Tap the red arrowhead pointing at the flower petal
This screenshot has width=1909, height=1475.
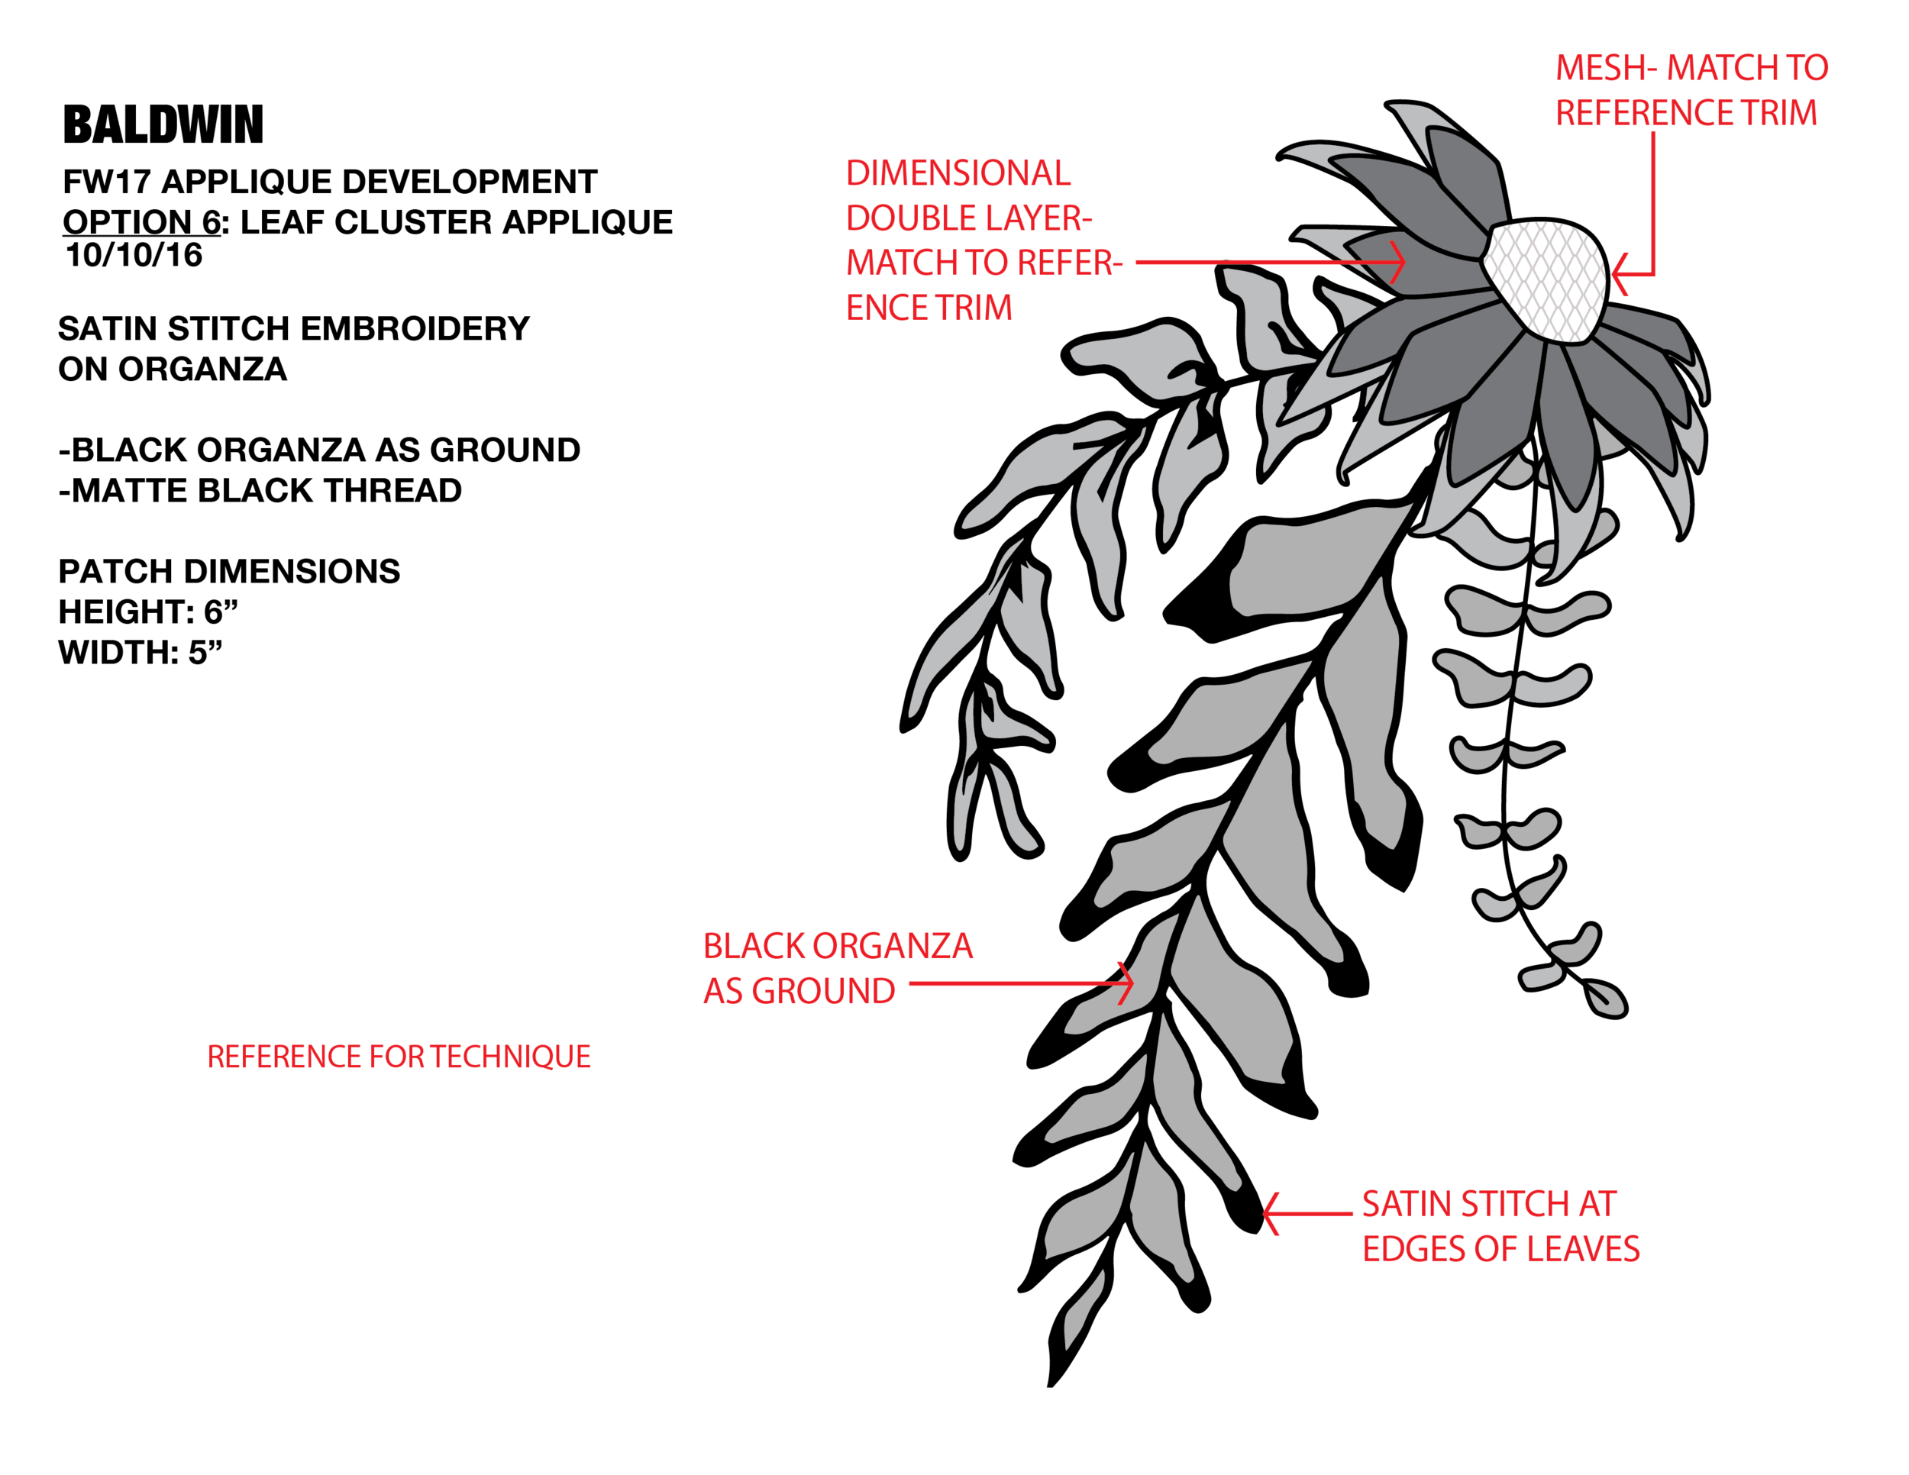(1400, 260)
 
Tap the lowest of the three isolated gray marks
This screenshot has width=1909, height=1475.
(1542, 975)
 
